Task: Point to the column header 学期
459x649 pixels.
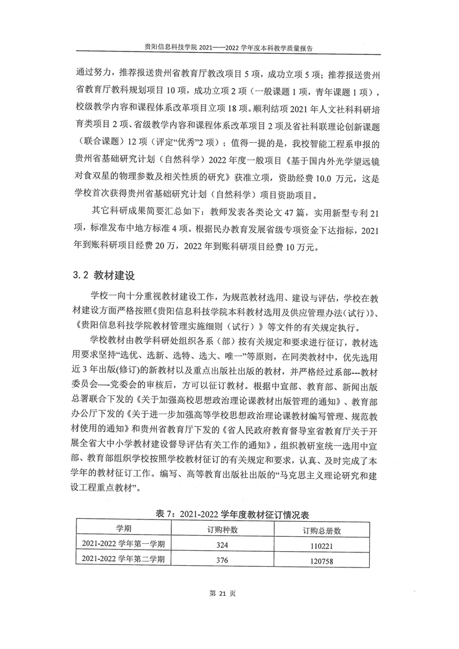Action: coord(123,529)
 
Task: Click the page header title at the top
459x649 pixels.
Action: coord(230,50)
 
